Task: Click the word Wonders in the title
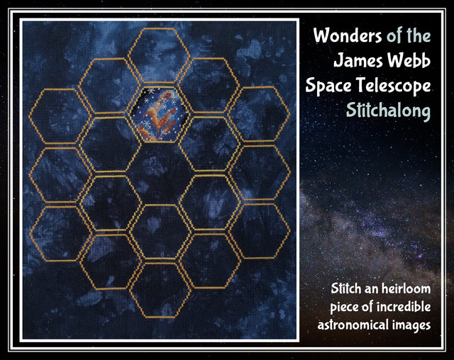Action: click(x=348, y=35)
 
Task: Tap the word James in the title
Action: click(x=358, y=60)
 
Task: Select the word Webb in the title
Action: click(x=409, y=60)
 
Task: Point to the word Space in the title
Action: click(x=328, y=86)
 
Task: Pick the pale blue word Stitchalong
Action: click(x=388, y=111)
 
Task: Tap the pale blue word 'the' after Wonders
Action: click(x=419, y=35)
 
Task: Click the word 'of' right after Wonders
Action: click(x=394, y=36)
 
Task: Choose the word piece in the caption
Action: click(x=344, y=308)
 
